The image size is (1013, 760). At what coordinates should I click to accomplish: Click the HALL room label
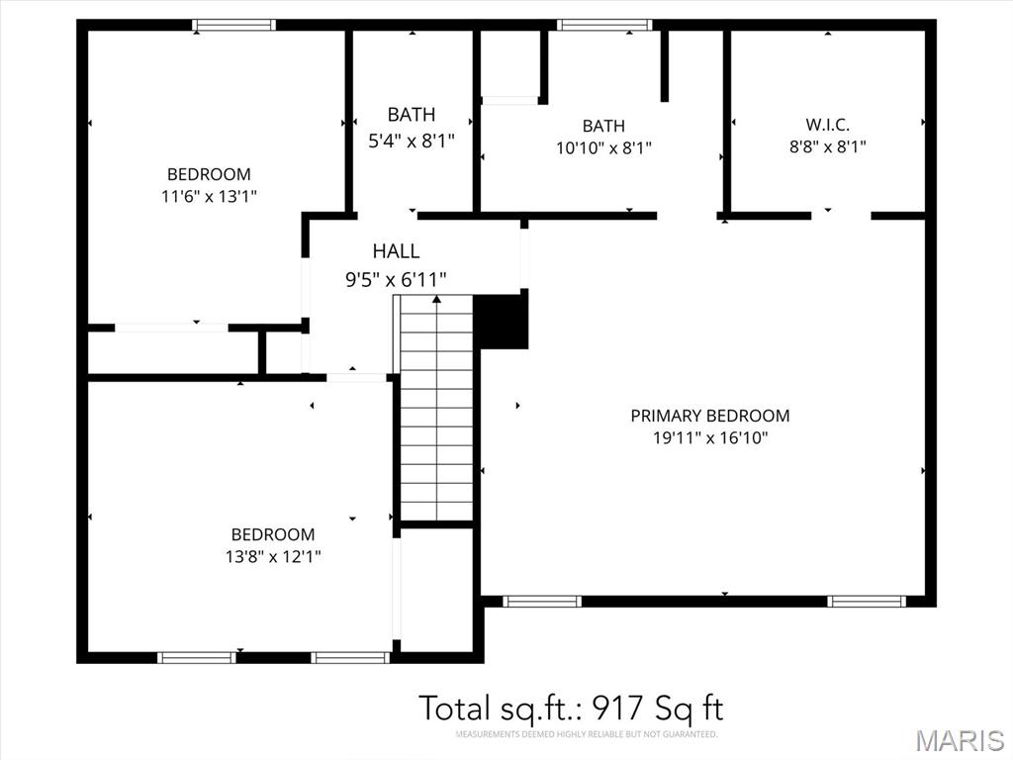pos(396,250)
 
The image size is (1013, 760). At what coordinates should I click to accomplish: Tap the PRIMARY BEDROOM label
pos(710,416)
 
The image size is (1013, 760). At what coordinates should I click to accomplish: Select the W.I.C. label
pos(828,124)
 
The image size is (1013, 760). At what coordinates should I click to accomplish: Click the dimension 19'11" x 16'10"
pos(710,437)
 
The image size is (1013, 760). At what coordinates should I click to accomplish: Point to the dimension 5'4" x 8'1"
pos(412,141)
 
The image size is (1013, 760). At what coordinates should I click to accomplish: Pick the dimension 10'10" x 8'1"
pos(604,148)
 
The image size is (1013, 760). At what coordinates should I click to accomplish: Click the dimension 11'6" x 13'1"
pos(210,196)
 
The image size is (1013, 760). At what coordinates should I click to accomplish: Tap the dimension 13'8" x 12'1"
pos(273,556)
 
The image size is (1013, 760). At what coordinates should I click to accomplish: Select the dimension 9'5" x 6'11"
pos(396,279)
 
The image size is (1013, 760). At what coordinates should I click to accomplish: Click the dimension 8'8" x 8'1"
pos(828,146)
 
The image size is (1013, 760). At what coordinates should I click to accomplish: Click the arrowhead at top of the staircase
pos(436,299)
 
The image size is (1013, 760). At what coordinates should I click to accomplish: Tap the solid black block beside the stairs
pos(501,322)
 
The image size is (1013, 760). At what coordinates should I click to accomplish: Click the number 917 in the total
pos(616,708)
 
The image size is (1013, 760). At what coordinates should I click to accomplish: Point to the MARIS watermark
pos(960,740)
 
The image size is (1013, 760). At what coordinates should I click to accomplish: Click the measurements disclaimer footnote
pos(587,735)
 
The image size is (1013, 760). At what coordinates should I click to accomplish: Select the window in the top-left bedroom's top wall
pos(233,25)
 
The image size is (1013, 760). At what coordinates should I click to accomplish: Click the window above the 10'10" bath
pos(604,25)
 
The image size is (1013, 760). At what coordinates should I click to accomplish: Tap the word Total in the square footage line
pos(455,708)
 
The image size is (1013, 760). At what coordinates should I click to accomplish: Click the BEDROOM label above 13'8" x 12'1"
pos(273,534)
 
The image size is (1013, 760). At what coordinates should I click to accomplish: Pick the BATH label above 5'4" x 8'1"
pos(412,115)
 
